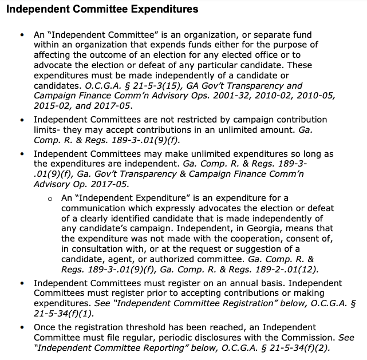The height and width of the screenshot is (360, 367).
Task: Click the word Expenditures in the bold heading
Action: point(157,9)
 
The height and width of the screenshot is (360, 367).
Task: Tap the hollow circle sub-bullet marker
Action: point(50,199)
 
